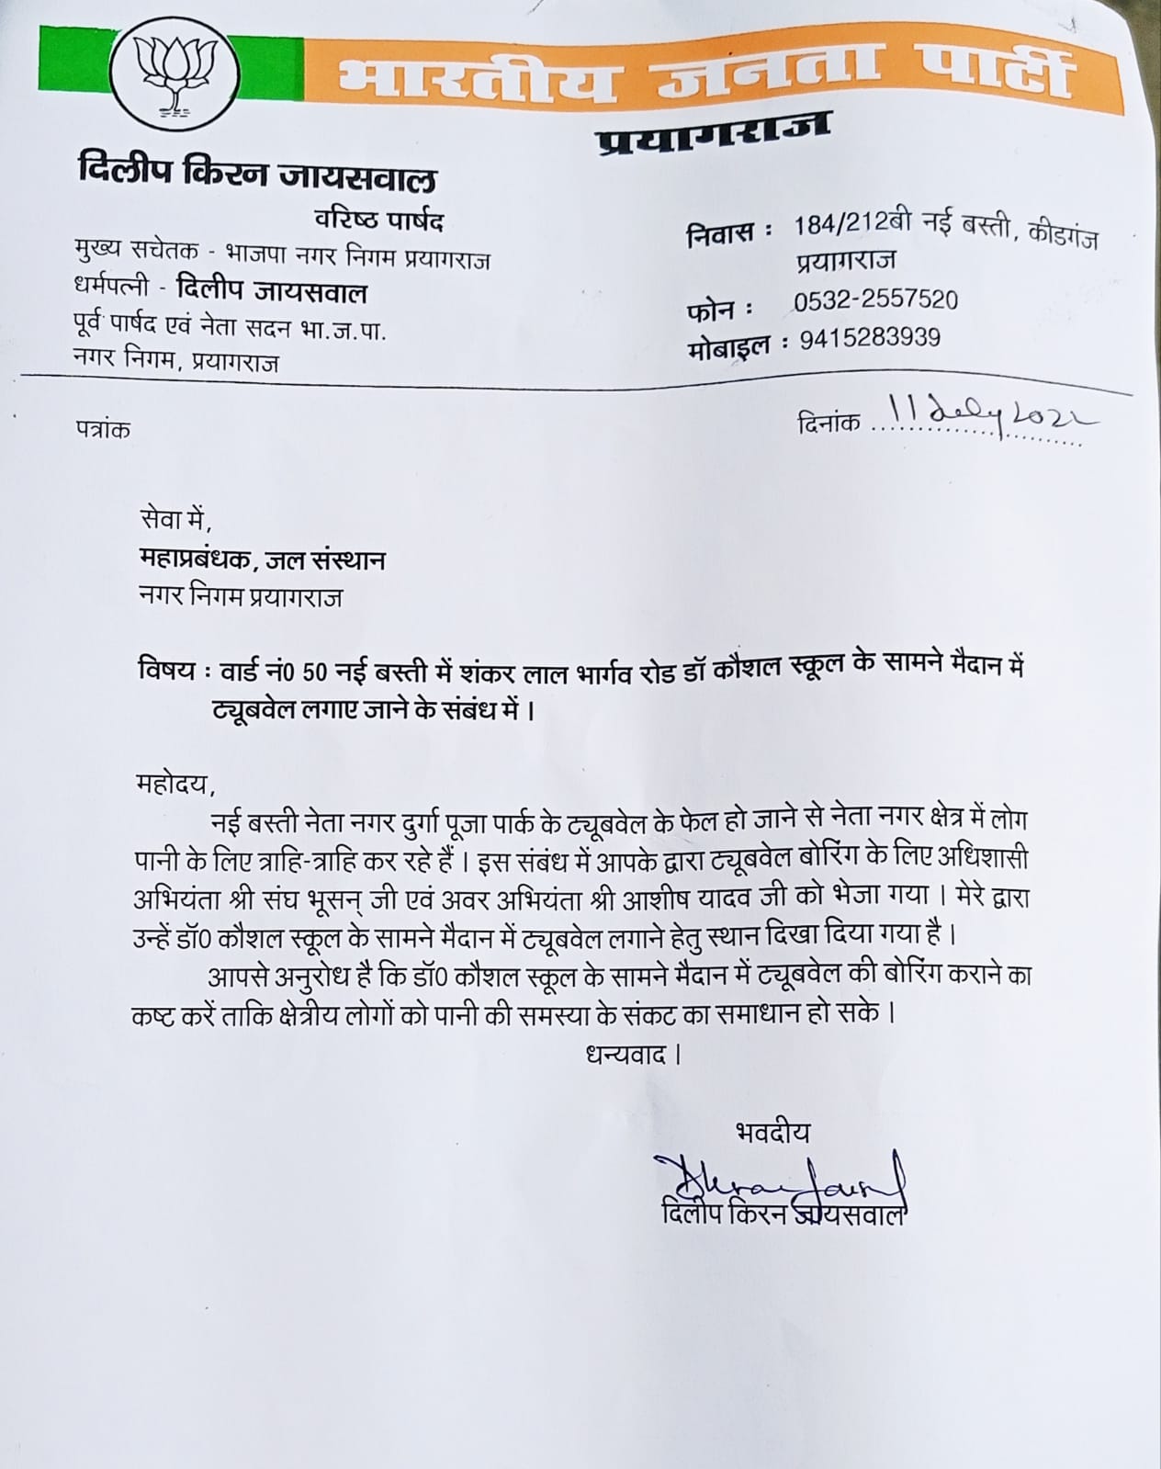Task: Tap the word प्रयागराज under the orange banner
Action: pyautogui.click(x=713, y=133)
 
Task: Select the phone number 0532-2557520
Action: pyautogui.click(x=875, y=299)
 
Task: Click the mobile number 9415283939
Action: pyautogui.click(x=870, y=338)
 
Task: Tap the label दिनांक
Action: pyautogui.click(x=828, y=422)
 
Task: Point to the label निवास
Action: pyautogui.click(x=724, y=234)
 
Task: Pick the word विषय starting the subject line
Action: pyautogui.click(x=165, y=671)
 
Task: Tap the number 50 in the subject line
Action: pyautogui.click(x=314, y=672)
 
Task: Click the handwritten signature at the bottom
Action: pyautogui.click(x=777, y=1178)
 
